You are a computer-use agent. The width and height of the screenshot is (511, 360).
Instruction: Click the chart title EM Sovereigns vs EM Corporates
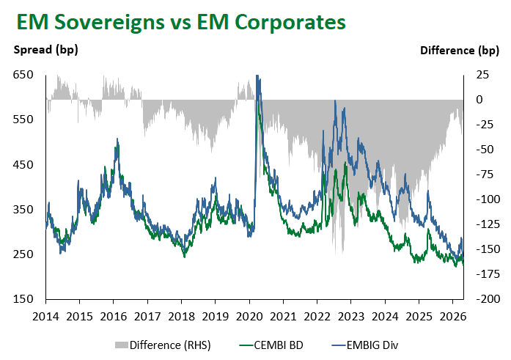pos(180,22)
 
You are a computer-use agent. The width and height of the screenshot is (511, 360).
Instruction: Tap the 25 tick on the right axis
pos(485,75)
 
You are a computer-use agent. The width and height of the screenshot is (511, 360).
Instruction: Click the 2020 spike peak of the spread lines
pos(257,76)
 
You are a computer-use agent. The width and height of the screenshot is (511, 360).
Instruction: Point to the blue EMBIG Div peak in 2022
pos(335,101)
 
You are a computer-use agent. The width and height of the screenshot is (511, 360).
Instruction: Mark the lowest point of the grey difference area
pos(339,254)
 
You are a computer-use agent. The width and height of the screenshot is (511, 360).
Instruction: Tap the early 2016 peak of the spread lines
pos(117,139)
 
